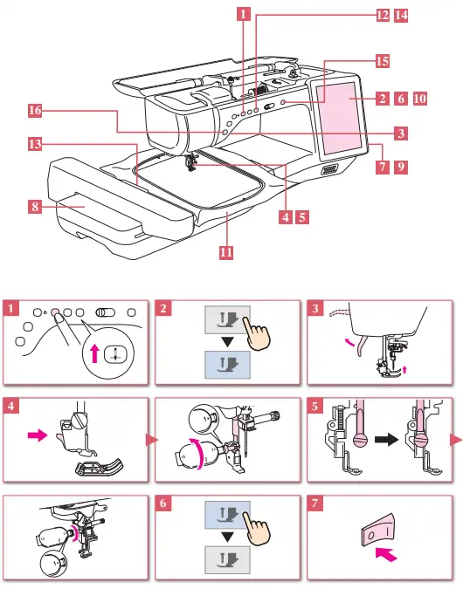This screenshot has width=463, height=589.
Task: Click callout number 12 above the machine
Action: [x=383, y=15]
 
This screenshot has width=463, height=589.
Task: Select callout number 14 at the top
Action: [x=401, y=15]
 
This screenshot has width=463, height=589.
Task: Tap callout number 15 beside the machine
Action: [x=383, y=61]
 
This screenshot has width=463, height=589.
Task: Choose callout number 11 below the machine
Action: [x=226, y=252]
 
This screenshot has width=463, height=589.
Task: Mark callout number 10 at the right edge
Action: [x=419, y=99]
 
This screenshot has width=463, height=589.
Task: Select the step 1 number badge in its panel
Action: [x=10, y=308]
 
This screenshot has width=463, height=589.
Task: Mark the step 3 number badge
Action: [x=316, y=308]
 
